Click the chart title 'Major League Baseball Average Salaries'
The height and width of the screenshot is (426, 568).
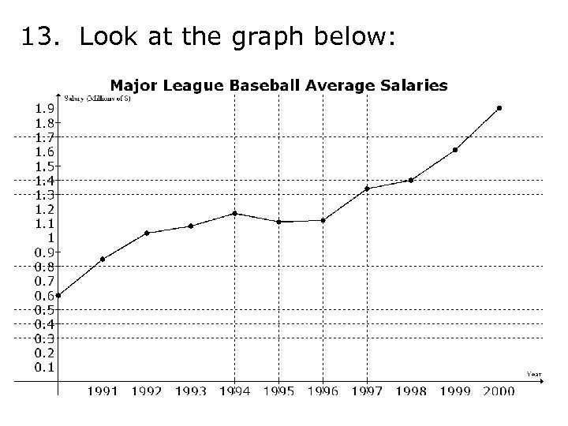click(278, 84)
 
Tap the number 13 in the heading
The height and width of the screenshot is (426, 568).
click(36, 37)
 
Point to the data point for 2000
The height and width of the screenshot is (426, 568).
click(499, 108)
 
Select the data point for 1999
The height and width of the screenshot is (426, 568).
click(455, 150)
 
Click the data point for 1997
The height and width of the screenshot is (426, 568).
click(367, 189)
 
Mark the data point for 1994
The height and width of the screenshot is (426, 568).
click(234, 213)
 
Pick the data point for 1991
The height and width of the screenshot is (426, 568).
click(103, 259)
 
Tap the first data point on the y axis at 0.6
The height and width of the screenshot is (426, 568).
click(58, 296)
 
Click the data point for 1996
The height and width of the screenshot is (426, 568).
click(323, 220)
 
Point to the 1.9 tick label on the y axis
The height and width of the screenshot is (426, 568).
click(44, 109)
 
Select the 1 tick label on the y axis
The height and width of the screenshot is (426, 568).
click(50, 237)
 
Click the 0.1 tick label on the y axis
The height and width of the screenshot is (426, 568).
click(44, 367)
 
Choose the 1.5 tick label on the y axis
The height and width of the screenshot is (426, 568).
click(44, 166)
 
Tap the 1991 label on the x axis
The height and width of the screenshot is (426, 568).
click(103, 390)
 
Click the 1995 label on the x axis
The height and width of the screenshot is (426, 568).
click(278, 390)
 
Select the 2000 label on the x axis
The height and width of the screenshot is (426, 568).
click(499, 390)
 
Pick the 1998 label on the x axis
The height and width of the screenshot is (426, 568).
click(411, 390)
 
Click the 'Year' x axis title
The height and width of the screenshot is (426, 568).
click(534, 373)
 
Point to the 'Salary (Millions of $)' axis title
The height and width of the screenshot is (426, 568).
click(98, 98)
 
